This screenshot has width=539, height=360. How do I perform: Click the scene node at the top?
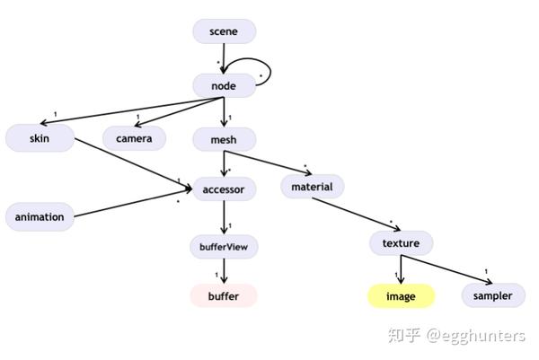[x=224, y=31]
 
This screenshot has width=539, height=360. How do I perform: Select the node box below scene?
[x=223, y=85]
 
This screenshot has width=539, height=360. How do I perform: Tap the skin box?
[x=39, y=137]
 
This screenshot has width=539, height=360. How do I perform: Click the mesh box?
[x=224, y=139]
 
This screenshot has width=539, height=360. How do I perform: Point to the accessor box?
[x=224, y=189]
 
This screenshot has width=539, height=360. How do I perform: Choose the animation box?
[x=40, y=216]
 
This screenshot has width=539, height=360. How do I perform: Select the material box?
[x=312, y=188]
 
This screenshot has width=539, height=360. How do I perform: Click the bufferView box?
[x=224, y=244]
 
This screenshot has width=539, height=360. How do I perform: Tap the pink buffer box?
[x=224, y=295]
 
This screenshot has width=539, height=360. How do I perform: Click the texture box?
[x=401, y=242]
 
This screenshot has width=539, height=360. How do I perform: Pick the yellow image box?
[x=401, y=295]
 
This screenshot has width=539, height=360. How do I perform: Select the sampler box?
[x=493, y=295]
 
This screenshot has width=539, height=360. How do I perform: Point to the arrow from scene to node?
[x=224, y=57]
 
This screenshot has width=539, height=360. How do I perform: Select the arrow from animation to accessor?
[x=135, y=202]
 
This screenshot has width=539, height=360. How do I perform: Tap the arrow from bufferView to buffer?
[x=224, y=270]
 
